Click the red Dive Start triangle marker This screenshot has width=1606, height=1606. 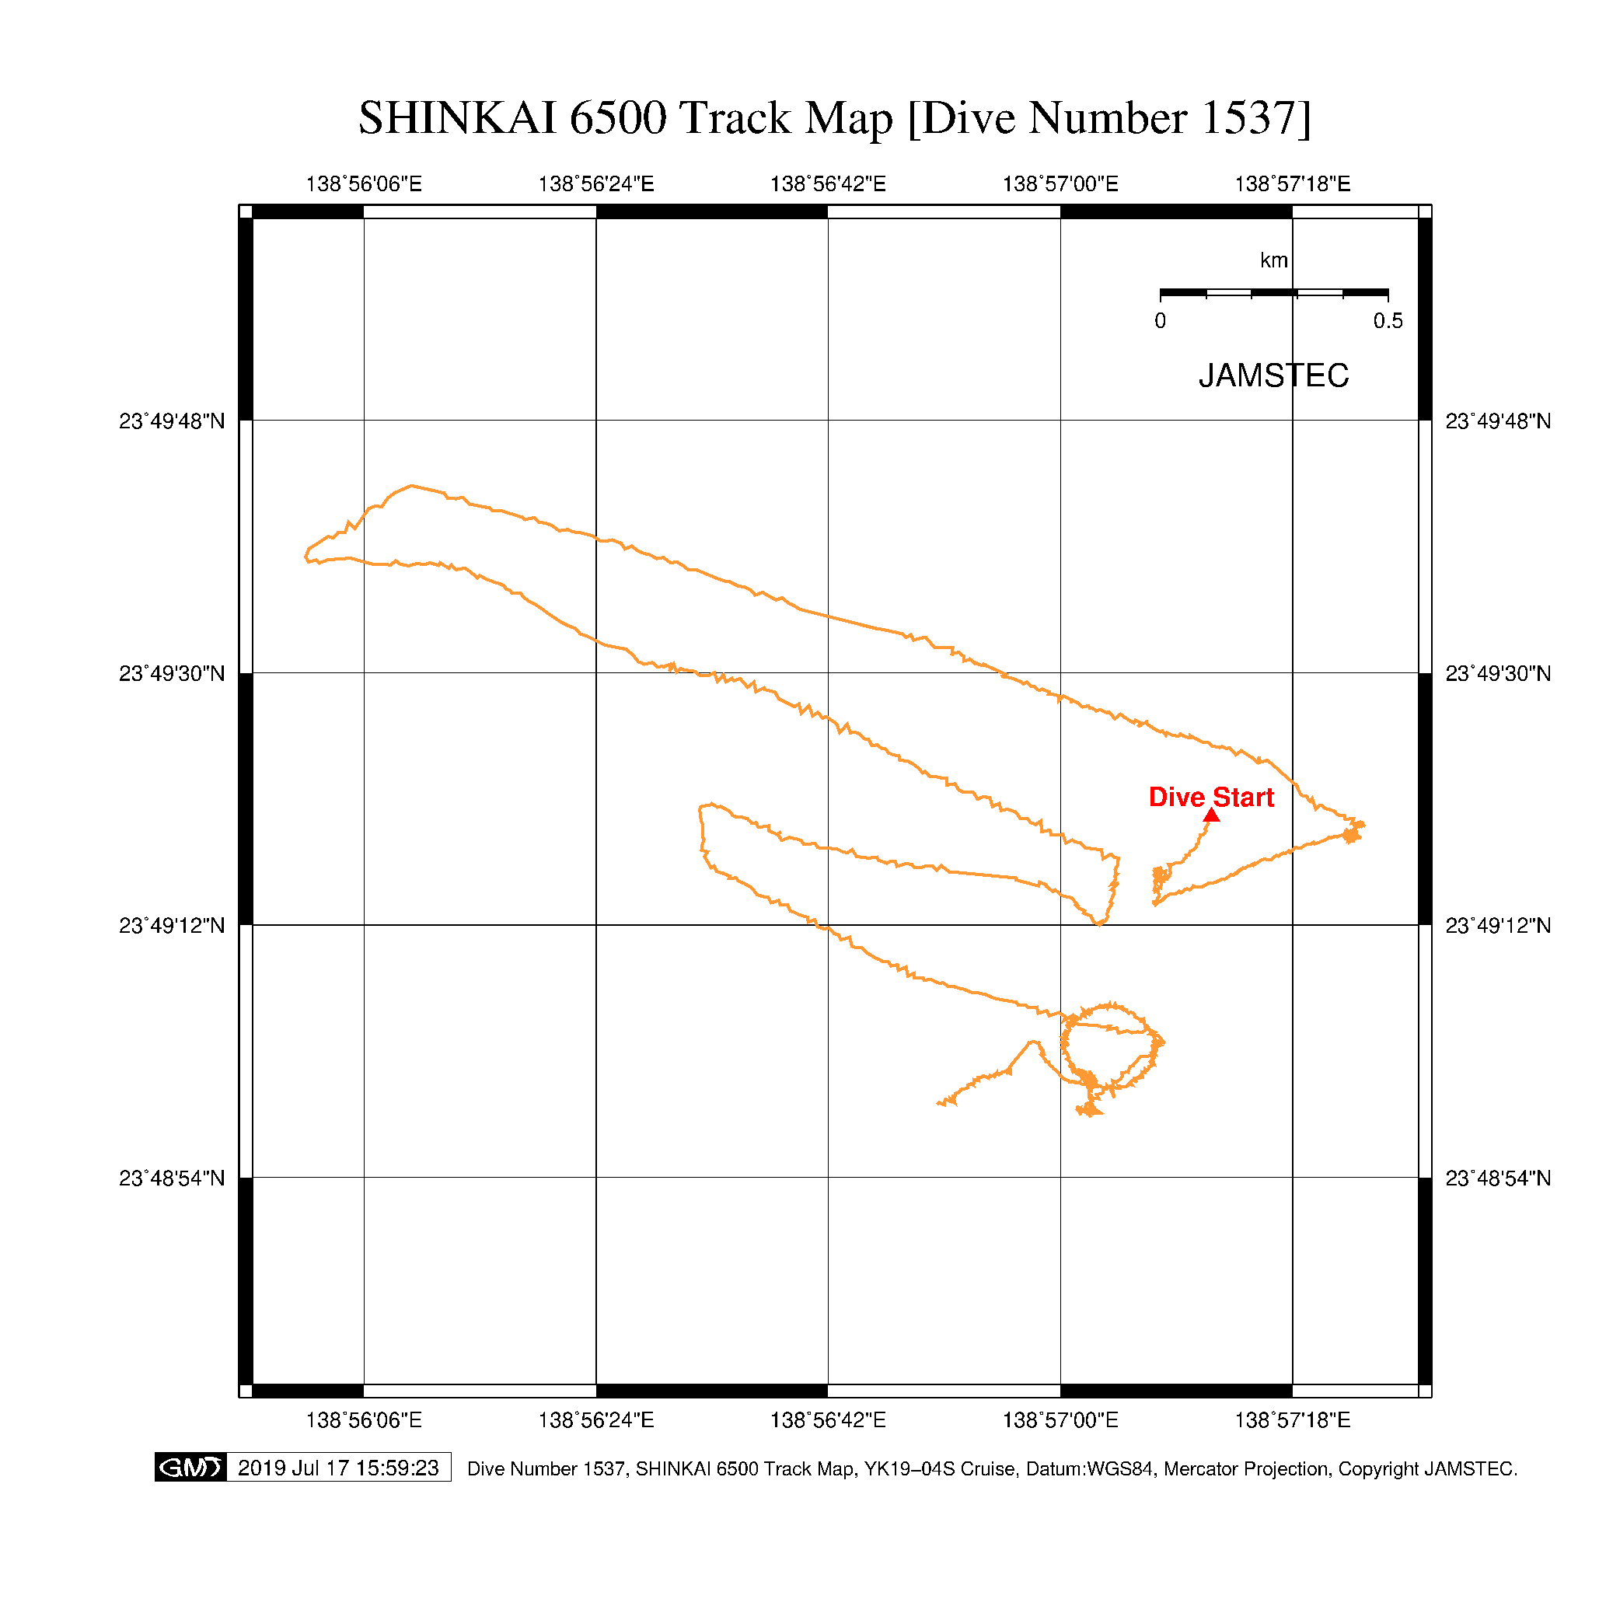click(x=1212, y=815)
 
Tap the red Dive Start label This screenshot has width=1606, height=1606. click(x=1211, y=798)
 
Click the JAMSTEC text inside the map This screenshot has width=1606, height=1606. click(x=1273, y=375)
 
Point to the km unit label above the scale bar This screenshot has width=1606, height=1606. click(x=1274, y=260)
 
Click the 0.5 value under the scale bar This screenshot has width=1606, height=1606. click(x=1388, y=321)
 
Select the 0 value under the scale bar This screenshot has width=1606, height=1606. click(x=1161, y=321)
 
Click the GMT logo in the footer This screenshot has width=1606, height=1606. click(x=190, y=1467)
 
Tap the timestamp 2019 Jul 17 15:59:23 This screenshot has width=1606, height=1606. click(x=338, y=1468)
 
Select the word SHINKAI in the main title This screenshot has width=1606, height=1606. click(x=457, y=118)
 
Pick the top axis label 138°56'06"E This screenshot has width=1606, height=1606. click(x=364, y=183)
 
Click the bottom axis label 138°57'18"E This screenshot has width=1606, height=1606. click(x=1293, y=1419)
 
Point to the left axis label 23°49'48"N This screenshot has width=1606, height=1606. click(x=172, y=421)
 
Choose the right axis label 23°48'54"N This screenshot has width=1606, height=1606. click(x=1498, y=1178)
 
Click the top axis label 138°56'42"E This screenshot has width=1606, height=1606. click(x=828, y=183)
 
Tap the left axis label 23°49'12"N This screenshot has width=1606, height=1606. click(x=172, y=925)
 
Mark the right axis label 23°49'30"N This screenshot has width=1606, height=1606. click(x=1498, y=673)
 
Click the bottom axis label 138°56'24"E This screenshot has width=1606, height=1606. click(x=596, y=1419)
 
